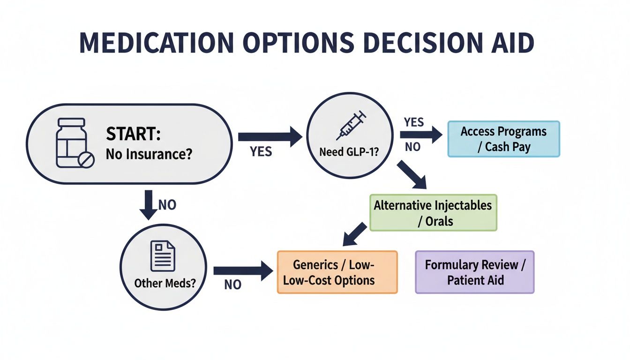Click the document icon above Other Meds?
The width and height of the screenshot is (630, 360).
(x=162, y=256)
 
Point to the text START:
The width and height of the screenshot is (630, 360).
(x=133, y=135)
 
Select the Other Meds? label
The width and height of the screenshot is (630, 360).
(x=165, y=283)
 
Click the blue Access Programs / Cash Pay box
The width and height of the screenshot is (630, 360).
(x=503, y=139)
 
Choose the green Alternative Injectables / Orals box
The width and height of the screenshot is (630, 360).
(x=433, y=212)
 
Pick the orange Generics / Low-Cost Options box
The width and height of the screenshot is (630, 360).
(x=337, y=272)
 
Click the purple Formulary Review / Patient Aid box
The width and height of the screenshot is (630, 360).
(x=474, y=272)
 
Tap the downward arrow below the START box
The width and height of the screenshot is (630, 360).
(x=149, y=204)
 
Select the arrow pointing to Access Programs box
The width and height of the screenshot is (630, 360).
(x=420, y=135)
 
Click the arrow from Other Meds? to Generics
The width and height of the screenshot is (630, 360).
(x=242, y=270)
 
